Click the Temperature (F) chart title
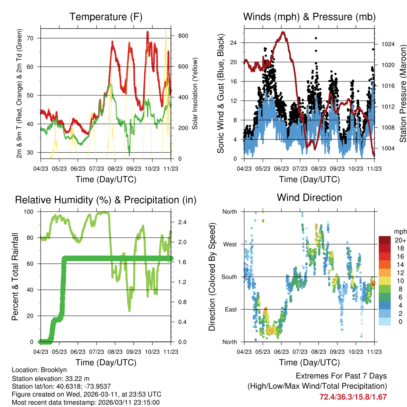click(106, 17)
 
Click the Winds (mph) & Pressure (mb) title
click(309, 17)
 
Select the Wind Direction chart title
click(309, 197)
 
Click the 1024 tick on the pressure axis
click(388, 44)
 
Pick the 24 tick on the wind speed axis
click(235, 43)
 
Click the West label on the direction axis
click(230, 244)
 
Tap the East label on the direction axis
click(231, 309)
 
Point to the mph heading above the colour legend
click(399, 231)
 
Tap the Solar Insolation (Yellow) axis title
click(195, 93)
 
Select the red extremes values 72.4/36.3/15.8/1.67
click(353, 397)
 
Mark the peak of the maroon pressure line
click(283, 32)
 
